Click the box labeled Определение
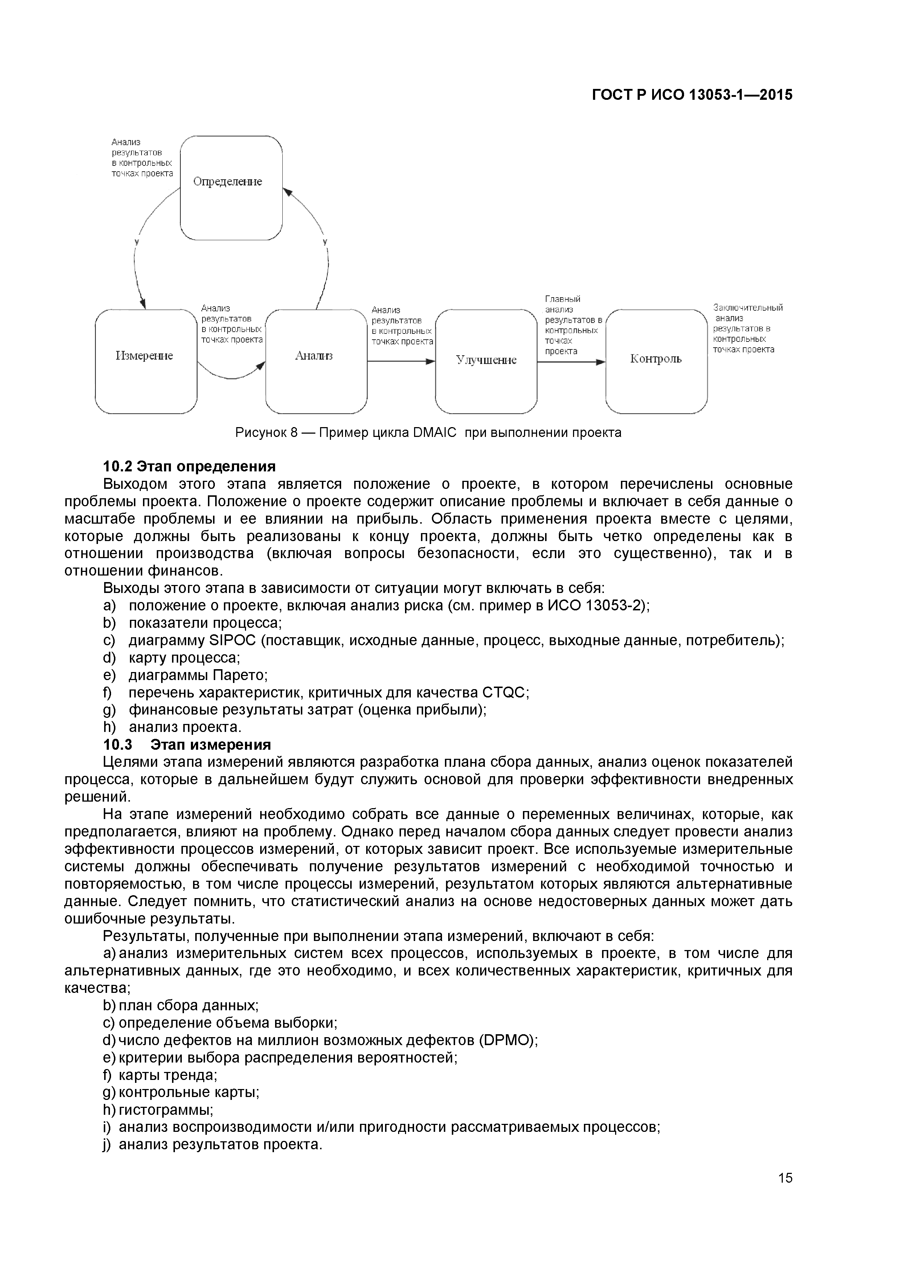pos(231,187)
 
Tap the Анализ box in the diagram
pos(316,361)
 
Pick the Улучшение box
pos(486,361)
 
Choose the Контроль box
pos(656,361)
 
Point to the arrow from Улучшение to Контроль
pos(571,362)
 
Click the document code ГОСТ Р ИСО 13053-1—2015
pos(692,95)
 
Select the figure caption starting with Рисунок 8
pos(428,433)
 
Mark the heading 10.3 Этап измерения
pos(187,745)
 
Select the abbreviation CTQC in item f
pos(503,692)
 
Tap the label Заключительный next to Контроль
pos(748,308)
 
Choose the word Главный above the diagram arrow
pos(562,299)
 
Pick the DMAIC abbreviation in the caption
pos(435,433)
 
